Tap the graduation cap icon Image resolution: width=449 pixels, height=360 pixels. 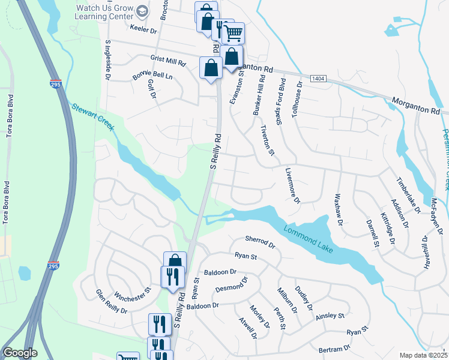click(x=142, y=11)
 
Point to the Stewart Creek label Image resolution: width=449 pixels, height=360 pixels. click(x=92, y=114)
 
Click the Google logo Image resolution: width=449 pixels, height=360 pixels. click(x=20, y=353)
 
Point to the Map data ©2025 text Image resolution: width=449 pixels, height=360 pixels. click(x=423, y=355)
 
